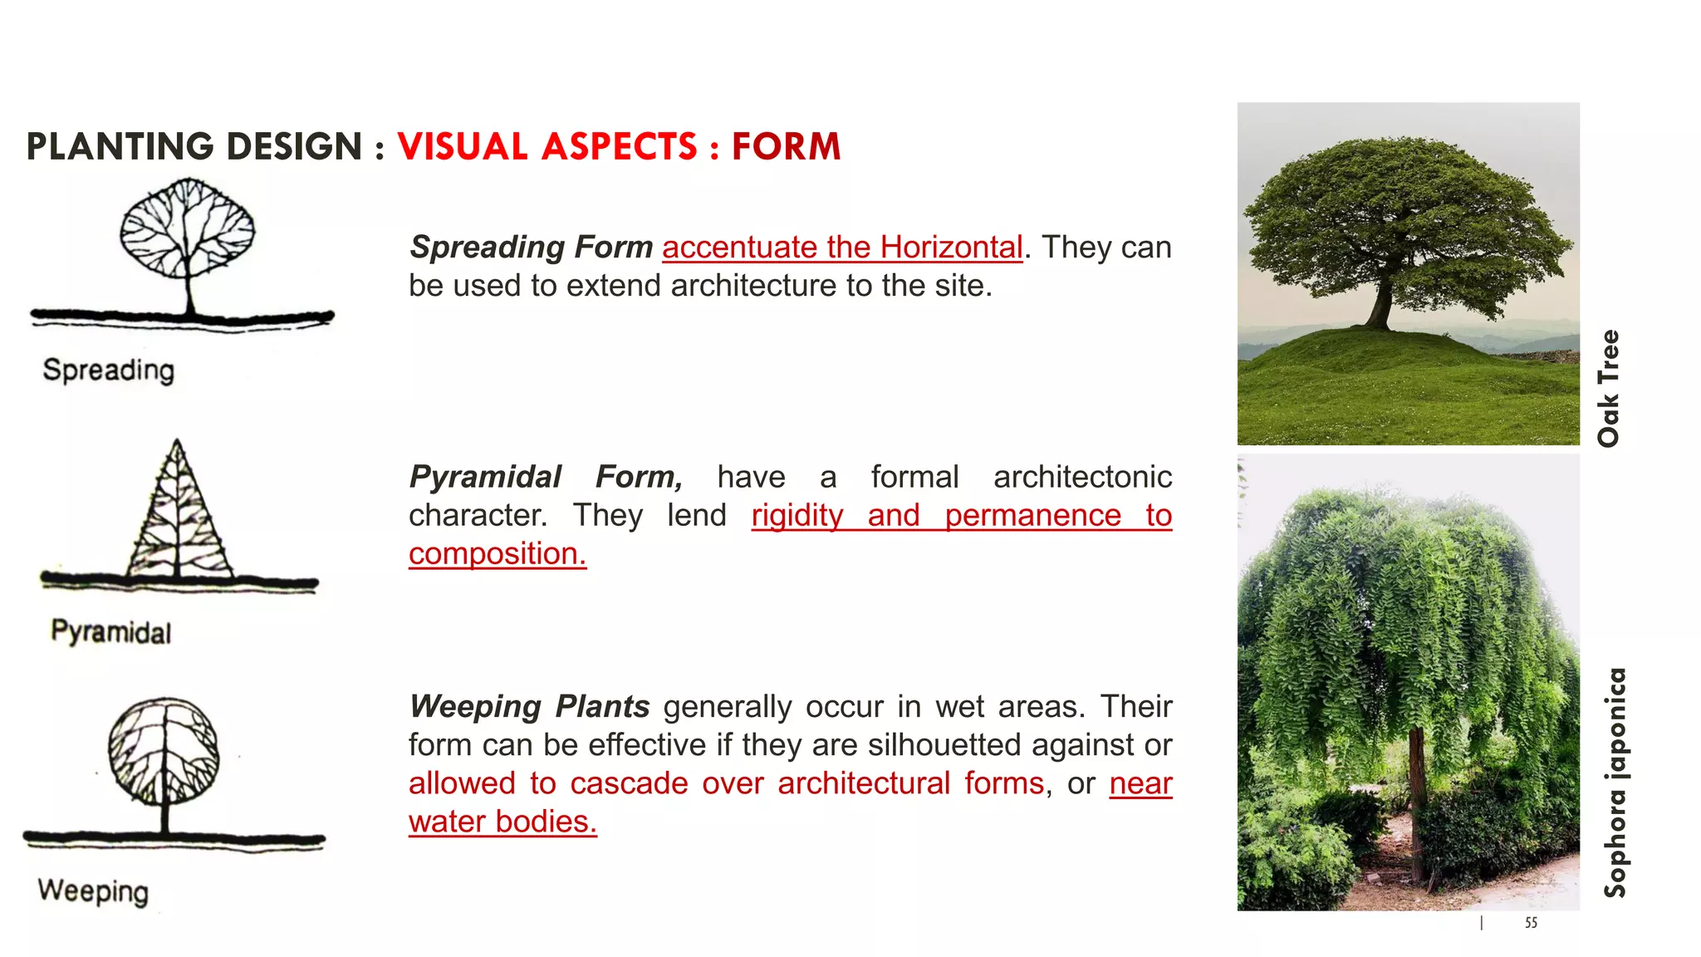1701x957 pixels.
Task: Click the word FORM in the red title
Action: tap(786, 147)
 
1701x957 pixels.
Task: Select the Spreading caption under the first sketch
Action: tap(109, 371)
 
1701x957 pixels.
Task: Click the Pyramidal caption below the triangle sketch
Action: tap(111, 632)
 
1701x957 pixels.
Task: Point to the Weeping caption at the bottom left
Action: tap(93, 891)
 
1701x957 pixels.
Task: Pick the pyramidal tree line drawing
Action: tap(177, 515)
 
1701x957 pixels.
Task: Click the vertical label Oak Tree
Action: tap(1609, 388)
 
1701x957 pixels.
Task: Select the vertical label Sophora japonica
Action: tap(1615, 783)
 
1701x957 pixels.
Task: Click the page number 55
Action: tap(1531, 923)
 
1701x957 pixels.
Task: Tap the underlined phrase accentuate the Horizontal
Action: tap(842, 248)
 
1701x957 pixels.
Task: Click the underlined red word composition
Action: tap(497, 554)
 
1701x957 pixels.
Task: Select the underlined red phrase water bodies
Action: tap(502, 822)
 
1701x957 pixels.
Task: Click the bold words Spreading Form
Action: tap(532, 248)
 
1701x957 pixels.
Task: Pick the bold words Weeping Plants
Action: tap(530, 707)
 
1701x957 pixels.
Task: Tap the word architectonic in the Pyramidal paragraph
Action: tap(1082, 478)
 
